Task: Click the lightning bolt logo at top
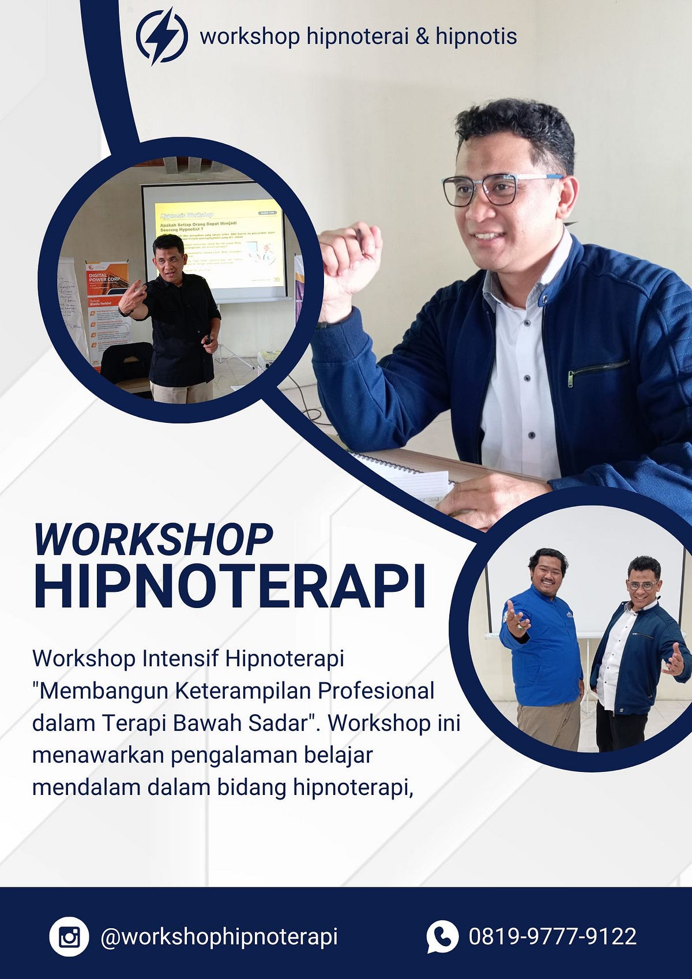pos(161,36)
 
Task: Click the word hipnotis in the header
pos(476,36)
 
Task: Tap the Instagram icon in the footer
pos(69,936)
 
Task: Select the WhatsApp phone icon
pos(442,936)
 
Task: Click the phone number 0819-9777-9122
pos(552,936)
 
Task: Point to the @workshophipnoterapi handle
pos(219,936)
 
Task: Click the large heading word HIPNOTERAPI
pos(230,587)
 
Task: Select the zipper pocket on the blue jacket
pos(598,370)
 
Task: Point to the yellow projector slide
pos(219,242)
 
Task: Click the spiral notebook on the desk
pos(404,473)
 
